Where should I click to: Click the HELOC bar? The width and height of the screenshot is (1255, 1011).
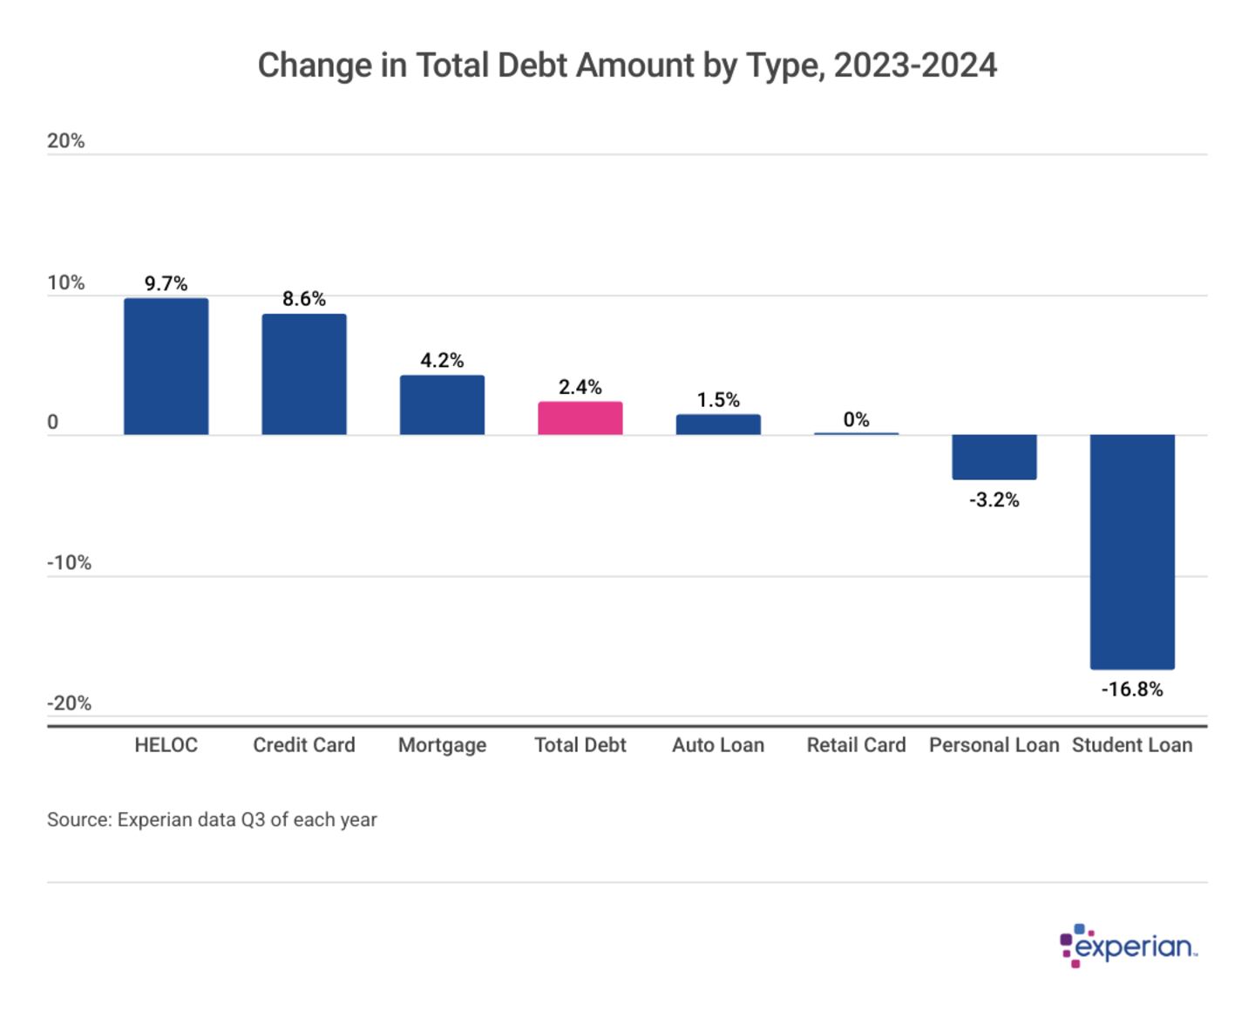[166, 366]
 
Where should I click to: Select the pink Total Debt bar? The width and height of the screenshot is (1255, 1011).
[580, 418]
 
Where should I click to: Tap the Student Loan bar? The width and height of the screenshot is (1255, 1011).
[1132, 551]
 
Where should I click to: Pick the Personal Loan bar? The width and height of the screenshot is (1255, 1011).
[994, 457]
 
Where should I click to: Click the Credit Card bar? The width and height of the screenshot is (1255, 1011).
[304, 374]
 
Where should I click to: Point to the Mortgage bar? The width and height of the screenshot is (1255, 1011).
[442, 404]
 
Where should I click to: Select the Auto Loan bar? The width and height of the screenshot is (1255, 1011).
[718, 424]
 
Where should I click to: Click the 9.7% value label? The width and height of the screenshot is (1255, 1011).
[166, 283]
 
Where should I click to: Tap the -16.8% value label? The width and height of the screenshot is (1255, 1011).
[1132, 689]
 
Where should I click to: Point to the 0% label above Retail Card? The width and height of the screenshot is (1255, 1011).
[856, 419]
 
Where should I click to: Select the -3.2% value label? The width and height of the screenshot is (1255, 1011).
[994, 499]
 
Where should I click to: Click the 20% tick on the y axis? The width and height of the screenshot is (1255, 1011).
[66, 141]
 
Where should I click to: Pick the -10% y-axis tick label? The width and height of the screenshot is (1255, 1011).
[69, 562]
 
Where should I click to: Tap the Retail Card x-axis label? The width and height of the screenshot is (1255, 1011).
[856, 745]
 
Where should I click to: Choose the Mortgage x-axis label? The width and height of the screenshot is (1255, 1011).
[442, 745]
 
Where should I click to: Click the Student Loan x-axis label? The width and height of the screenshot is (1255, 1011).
[1132, 745]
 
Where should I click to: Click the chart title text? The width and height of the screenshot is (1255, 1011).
[627, 65]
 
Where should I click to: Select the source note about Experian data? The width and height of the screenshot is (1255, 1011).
[212, 819]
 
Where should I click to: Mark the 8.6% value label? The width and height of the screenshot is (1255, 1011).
[304, 299]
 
